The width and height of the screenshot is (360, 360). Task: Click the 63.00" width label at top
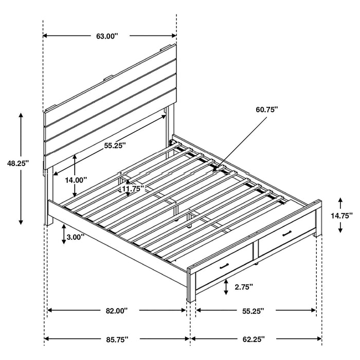point(107,36)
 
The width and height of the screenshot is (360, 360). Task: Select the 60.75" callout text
point(266,109)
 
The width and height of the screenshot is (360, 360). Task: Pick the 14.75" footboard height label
point(341,216)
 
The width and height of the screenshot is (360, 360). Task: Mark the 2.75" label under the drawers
point(244,288)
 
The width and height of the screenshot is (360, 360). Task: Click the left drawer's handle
point(224,266)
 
